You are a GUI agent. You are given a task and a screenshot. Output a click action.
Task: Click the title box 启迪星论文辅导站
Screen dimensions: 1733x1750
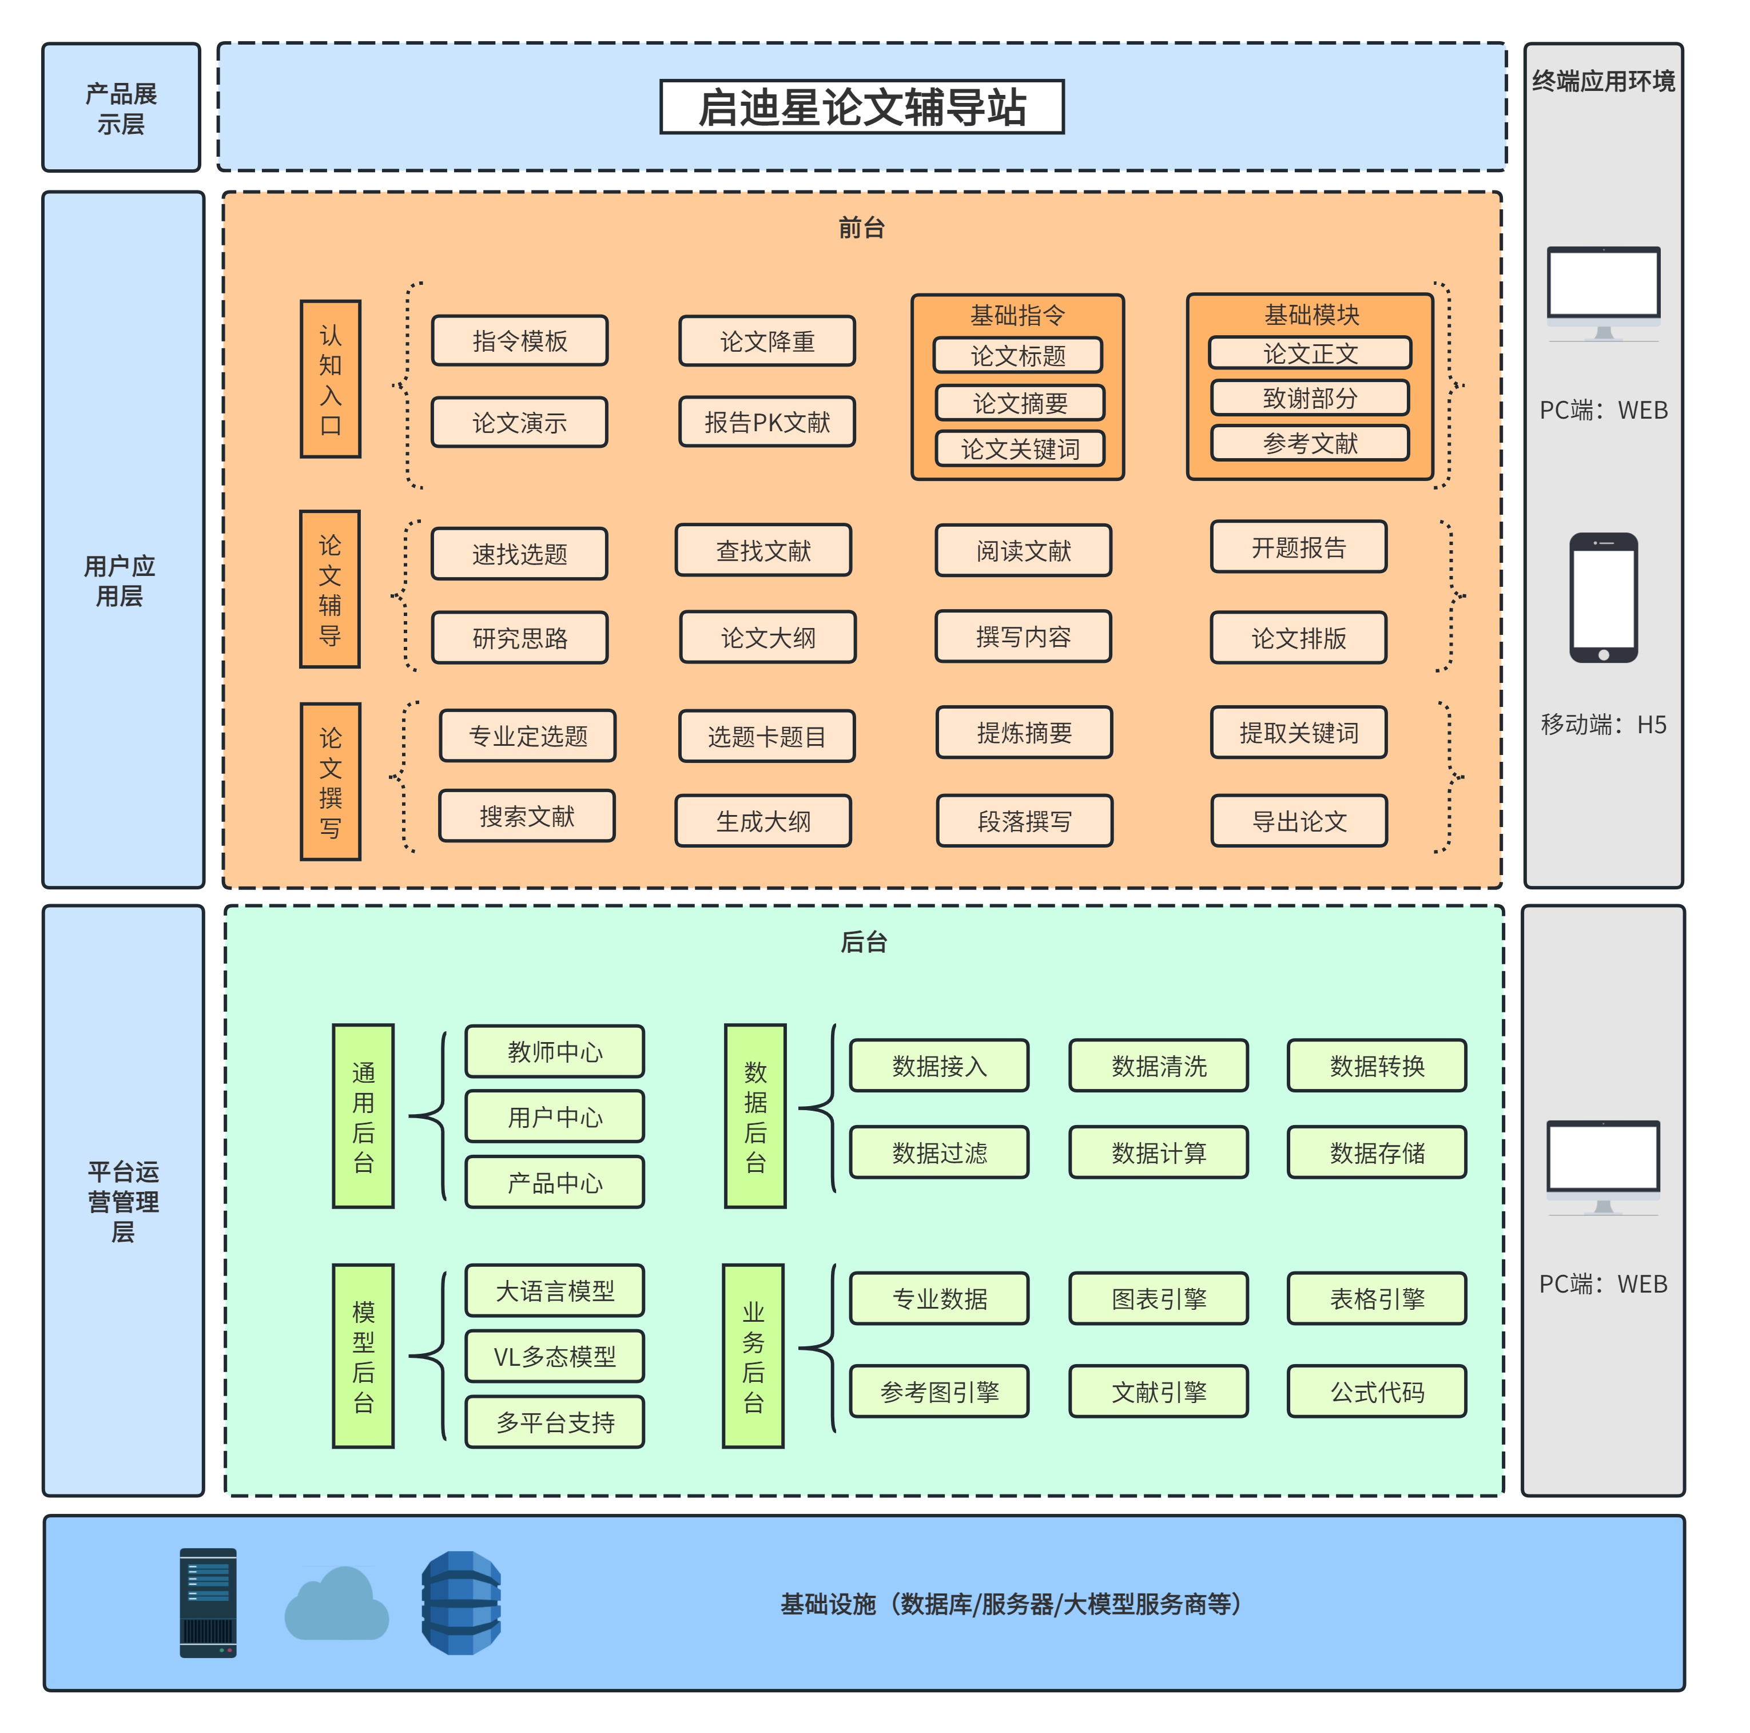coord(861,107)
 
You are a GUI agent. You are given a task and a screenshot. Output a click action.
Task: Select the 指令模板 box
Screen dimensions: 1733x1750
coord(519,341)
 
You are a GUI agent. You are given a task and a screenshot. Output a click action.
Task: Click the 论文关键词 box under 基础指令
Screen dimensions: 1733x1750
coord(1019,448)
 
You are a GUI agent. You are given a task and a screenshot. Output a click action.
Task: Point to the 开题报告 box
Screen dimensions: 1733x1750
coord(1298,547)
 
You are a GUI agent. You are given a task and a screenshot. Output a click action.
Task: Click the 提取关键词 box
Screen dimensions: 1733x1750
coord(1298,733)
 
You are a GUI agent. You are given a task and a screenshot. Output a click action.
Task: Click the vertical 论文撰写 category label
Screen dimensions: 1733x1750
coord(331,782)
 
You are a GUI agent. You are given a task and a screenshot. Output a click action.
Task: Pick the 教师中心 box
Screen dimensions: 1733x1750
coord(554,1052)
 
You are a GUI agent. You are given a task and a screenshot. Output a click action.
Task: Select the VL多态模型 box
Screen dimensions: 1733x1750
coord(554,1356)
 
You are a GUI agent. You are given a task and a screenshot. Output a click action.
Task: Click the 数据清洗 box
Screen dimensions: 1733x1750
coord(1159,1066)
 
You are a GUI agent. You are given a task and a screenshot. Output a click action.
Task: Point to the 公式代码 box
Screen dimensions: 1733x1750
coord(1376,1392)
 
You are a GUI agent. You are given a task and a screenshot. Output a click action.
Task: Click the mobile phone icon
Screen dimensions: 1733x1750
coord(1602,598)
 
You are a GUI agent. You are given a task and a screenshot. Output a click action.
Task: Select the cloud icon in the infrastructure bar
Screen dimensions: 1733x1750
coord(336,1605)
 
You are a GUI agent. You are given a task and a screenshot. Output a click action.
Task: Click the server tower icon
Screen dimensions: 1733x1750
coord(208,1604)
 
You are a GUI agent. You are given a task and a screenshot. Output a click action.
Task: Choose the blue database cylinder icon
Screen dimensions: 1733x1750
coord(461,1604)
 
